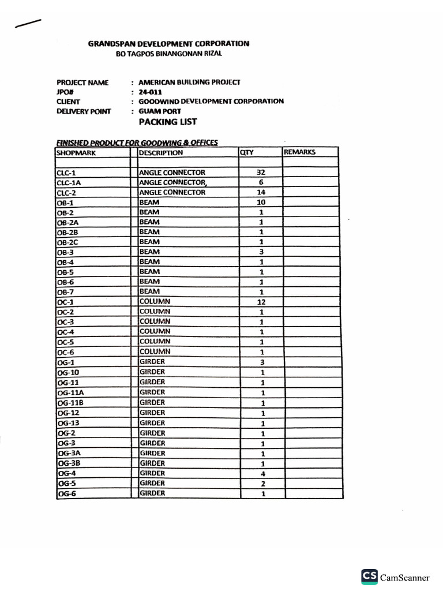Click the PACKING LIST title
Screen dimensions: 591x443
(168, 122)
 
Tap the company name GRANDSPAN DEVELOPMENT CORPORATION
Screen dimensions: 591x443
(168, 43)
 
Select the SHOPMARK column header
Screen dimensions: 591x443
(76, 152)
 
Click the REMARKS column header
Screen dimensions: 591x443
(300, 152)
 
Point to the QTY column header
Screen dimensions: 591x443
(247, 152)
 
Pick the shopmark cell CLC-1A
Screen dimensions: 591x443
(69, 182)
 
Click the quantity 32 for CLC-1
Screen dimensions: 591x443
(261, 173)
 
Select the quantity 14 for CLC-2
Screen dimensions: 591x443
(261, 192)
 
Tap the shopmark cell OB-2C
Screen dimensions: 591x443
(67, 242)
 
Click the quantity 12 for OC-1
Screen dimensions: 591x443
(261, 302)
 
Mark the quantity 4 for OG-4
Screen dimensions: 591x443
(262, 474)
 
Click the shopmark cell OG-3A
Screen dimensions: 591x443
(69, 453)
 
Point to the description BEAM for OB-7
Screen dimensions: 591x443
(149, 291)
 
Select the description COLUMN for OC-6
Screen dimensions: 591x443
(155, 351)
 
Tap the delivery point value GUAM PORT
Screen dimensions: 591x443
(160, 111)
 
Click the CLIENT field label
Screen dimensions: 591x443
(68, 102)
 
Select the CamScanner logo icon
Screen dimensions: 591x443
(370, 576)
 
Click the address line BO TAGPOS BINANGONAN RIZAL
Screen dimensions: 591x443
(169, 54)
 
